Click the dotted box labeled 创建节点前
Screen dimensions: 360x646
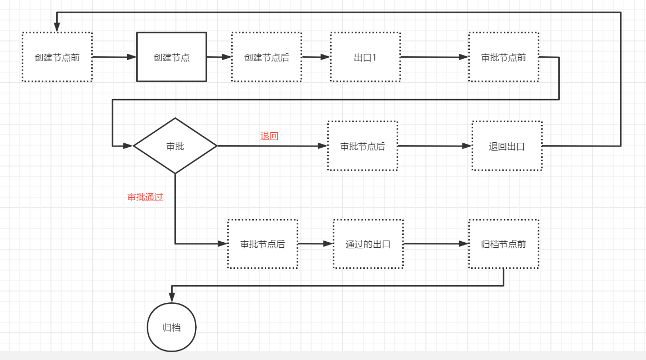pos(57,57)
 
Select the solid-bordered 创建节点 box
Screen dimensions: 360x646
pos(172,57)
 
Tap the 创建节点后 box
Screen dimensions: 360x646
pos(267,57)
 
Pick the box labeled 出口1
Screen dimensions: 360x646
pos(365,57)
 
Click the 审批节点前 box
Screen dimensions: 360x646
pos(503,57)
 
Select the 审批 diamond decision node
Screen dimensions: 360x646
pos(175,146)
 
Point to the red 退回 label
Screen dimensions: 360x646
pos(269,136)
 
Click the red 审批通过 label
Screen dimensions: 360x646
pos(146,197)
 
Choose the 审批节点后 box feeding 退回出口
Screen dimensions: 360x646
pos(363,146)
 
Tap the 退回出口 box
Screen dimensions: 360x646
pos(507,146)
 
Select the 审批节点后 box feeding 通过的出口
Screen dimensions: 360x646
pos(263,244)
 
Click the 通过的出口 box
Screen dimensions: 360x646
pos(368,244)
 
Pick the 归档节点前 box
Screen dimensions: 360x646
pos(503,244)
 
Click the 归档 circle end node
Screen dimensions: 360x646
pos(172,327)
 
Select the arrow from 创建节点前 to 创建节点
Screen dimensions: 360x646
pos(114,57)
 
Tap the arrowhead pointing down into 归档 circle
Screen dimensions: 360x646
pos(172,298)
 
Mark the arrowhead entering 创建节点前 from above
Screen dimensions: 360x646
pos(57,28)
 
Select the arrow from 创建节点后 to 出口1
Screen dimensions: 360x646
pos(316,57)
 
